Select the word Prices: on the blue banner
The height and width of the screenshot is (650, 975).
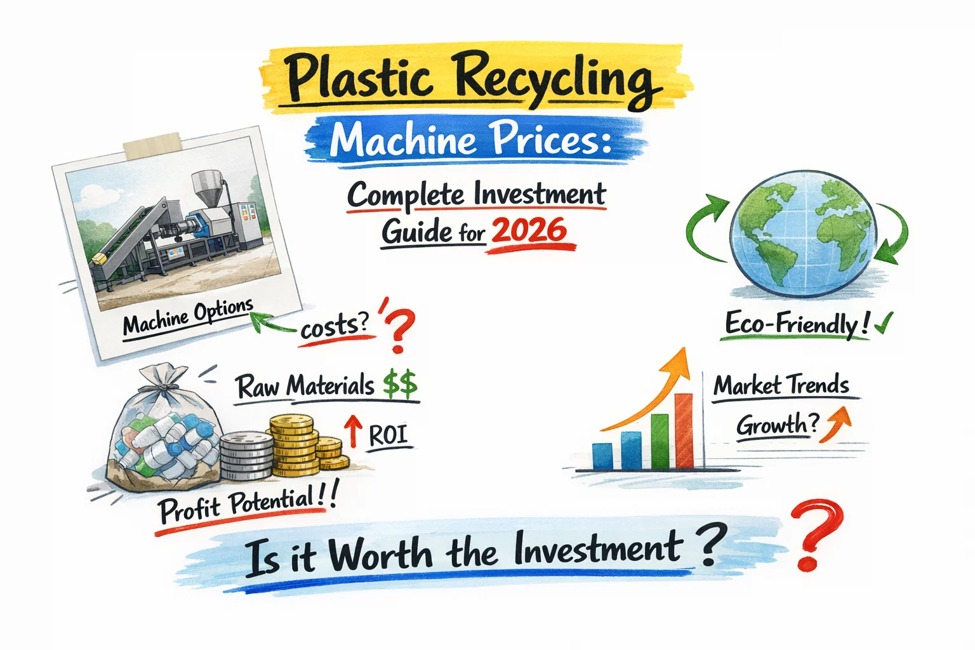550,140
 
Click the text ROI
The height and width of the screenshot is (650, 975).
387,435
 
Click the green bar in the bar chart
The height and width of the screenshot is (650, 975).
660,441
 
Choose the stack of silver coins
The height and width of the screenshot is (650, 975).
246,456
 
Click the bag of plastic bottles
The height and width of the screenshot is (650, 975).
164,432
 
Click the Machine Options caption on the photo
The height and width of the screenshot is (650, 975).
188,315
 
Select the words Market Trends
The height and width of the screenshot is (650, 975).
781,386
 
